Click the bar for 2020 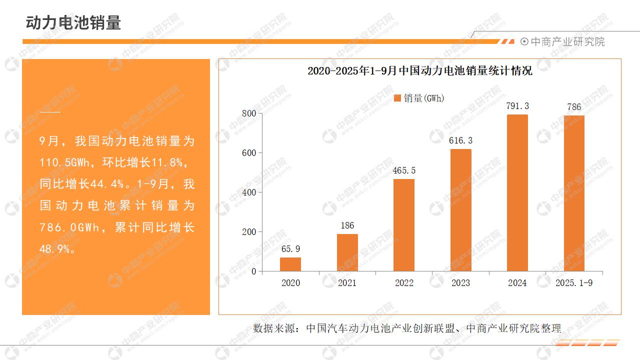(x=290, y=264)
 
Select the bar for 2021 (x=347, y=252)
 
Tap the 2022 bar (x=404, y=225)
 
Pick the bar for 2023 (x=460, y=210)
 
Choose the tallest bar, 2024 (x=517, y=193)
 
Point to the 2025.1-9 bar (x=574, y=193)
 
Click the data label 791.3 (x=517, y=106)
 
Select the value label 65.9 (x=290, y=249)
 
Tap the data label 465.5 (x=404, y=170)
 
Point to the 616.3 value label (x=460, y=140)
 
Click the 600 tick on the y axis (x=249, y=153)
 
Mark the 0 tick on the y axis (x=253, y=271)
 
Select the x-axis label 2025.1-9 (x=574, y=283)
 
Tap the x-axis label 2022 (x=404, y=283)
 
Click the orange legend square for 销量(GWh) (x=397, y=98)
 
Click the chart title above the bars (x=419, y=71)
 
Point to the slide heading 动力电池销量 (x=73, y=23)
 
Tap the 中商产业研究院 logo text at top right (x=567, y=42)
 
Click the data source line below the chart (x=407, y=328)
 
